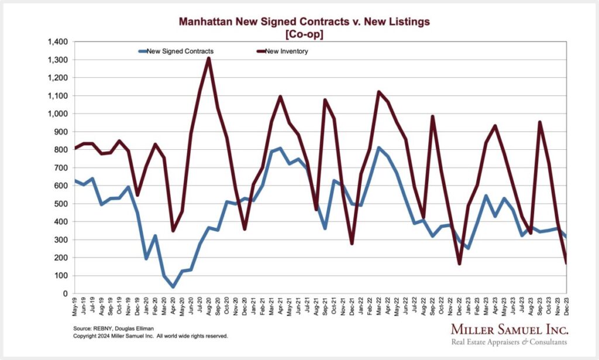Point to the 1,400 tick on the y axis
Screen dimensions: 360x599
(59, 42)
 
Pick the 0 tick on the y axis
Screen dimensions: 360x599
(66, 293)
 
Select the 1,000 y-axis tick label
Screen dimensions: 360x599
(59, 114)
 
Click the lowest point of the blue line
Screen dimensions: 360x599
(173, 287)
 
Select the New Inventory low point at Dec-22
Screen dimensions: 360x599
(459, 264)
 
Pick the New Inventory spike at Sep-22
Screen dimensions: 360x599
(432, 116)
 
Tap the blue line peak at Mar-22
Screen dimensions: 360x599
(379, 148)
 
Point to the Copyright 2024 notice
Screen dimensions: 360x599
(150, 337)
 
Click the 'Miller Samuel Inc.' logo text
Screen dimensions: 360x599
(508, 328)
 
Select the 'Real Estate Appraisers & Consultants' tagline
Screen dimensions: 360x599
(508, 342)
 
